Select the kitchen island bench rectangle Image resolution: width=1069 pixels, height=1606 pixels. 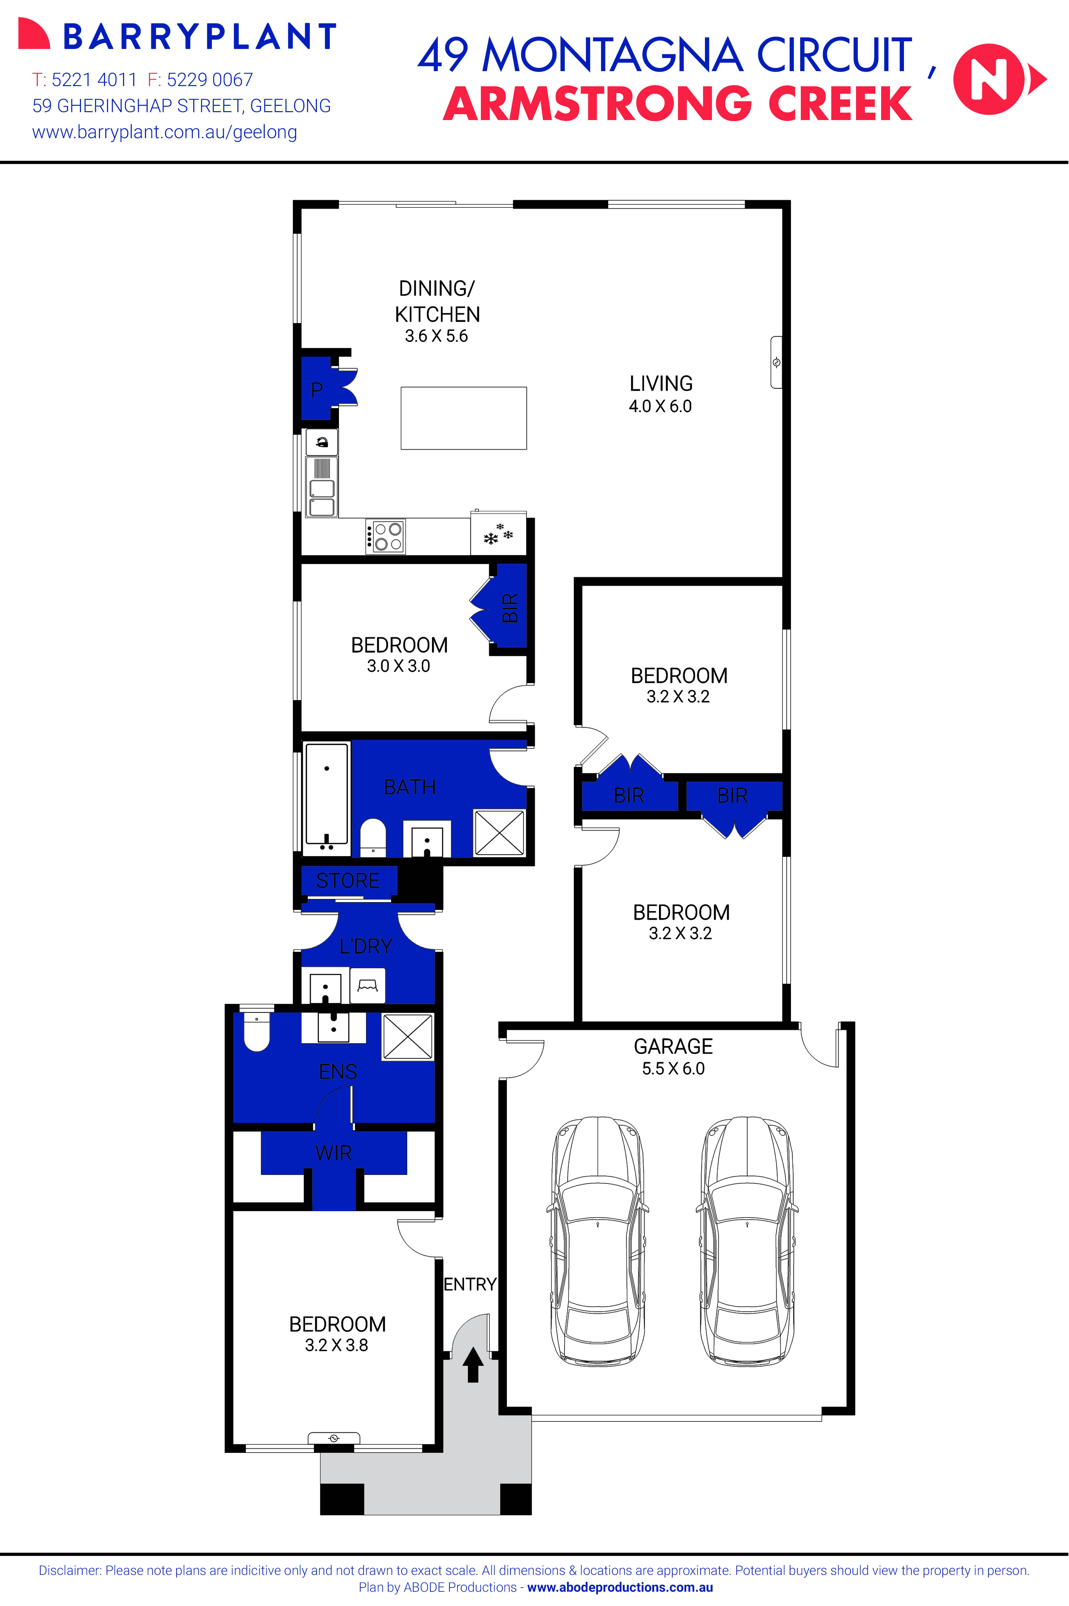pos(464,418)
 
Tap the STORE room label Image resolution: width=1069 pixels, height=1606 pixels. pos(348,881)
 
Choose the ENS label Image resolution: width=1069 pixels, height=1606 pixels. pos(338,1072)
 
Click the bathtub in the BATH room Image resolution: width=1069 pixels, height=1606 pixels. pos(327,799)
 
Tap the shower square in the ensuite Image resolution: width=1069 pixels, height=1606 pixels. pos(408,1037)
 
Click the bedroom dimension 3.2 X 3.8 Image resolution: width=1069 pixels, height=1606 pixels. pos(337,1346)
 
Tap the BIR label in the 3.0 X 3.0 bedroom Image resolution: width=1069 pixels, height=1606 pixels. pos(510,608)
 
